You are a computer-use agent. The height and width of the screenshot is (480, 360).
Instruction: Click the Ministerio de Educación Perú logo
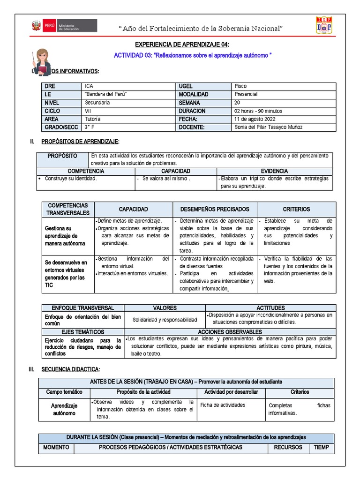[63, 26]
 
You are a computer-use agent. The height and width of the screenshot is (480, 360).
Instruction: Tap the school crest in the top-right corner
[323, 27]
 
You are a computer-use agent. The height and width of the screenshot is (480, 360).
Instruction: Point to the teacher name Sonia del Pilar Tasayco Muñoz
[268, 127]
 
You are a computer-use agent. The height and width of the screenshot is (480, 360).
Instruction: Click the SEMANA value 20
[237, 103]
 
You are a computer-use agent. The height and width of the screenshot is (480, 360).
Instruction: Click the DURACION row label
[192, 111]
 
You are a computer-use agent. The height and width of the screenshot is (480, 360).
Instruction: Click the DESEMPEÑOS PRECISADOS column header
[215, 209]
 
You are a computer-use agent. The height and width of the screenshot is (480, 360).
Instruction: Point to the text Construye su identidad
[71, 179]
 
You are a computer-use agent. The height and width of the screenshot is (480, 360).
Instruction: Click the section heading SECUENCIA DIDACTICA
[70, 369]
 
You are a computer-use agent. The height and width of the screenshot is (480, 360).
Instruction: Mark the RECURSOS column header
[288, 447]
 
